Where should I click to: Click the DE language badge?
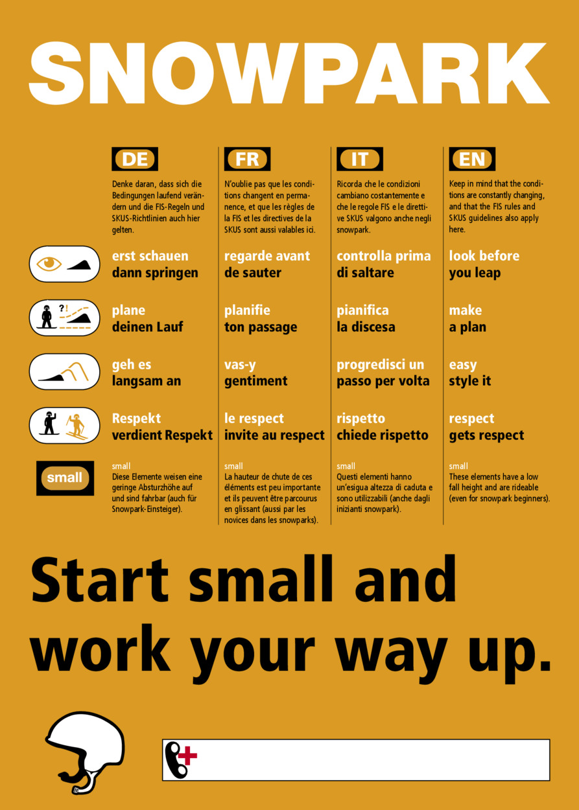pos(135,159)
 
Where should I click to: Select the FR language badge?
pos(247,159)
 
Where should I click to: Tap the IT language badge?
pos(360,159)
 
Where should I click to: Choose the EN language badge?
pos(472,159)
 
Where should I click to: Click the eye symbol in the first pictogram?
pos(49,263)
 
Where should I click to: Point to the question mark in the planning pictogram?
pos(62,308)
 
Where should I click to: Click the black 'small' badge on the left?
pos(65,478)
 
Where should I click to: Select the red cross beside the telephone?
pos(189,756)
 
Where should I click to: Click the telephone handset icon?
pos(175,759)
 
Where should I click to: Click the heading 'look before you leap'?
pos(484,264)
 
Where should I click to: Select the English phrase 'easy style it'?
pos(470,373)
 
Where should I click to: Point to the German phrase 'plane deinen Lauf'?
pos(148,319)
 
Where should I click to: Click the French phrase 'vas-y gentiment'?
pos(256,373)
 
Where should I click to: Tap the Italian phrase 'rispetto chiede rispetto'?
pos(383,426)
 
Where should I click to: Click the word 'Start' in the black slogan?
pos(100,581)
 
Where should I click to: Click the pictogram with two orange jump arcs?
pos(64,372)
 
